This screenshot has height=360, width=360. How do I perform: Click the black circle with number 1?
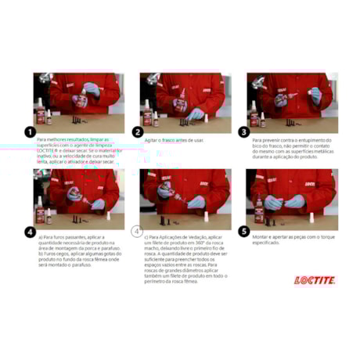tap(30, 132)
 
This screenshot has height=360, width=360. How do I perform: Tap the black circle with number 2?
tap(137, 132)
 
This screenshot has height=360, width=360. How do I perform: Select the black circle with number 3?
tap(243, 132)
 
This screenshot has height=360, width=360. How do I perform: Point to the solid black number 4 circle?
tap(30, 231)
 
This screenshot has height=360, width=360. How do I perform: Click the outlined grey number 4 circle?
tap(137, 231)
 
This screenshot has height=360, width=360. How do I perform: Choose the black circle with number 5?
tap(243, 231)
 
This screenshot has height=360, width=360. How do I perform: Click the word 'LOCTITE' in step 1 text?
tap(45, 149)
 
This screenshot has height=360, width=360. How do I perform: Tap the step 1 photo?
tap(76, 103)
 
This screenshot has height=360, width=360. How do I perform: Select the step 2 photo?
tap(183, 103)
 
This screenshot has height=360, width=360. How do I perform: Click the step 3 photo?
tap(293, 103)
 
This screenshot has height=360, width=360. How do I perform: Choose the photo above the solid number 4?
tap(76, 199)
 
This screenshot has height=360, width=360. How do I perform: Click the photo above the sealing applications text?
tap(183, 199)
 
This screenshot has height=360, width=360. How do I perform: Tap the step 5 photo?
tap(293, 199)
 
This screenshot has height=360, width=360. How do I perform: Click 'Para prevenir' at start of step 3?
tap(267, 139)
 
